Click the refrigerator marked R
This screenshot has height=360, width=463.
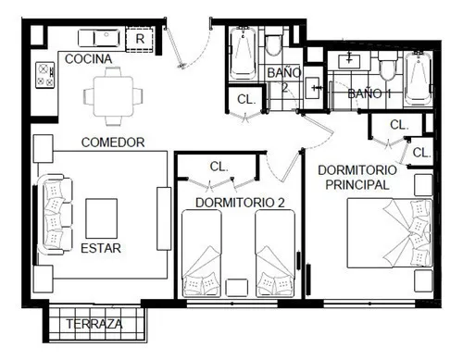140,39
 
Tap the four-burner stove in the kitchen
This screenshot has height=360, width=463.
44,75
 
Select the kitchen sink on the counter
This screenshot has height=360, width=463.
99,38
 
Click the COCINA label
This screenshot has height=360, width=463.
88,59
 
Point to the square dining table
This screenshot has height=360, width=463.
113,96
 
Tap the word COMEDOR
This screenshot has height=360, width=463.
113,143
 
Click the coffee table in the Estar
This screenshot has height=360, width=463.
101,218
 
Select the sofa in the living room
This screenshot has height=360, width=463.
55,215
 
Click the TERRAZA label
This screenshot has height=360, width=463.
94,324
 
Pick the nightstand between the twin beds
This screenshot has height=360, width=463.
236,288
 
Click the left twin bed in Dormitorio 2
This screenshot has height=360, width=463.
202,254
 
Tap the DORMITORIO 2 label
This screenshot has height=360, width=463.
240,203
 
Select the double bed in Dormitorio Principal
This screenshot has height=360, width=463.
390,233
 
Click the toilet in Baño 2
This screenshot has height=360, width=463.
274,42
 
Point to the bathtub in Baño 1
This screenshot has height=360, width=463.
419,79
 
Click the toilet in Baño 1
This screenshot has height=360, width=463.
387,66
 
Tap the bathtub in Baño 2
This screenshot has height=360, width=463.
243,53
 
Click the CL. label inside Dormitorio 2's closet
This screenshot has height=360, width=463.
219,167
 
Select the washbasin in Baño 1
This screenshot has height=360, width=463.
349,60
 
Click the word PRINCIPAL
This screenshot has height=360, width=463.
357,185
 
